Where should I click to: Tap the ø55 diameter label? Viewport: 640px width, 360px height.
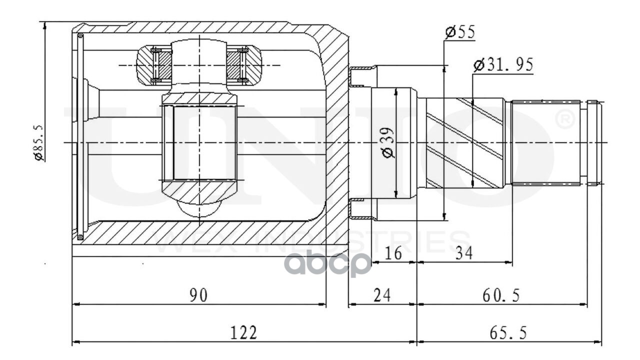click(459, 32)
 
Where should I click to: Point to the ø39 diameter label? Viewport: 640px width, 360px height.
click(388, 142)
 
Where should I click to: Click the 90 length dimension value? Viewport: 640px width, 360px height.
click(198, 295)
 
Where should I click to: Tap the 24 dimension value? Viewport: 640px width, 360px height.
click(382, 295)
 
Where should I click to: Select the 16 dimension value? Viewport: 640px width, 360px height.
click(394, 253)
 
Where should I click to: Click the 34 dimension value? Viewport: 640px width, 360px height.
click(463, 253)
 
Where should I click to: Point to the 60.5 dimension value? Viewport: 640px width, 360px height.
click(501, 295)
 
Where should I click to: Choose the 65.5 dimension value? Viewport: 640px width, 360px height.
click(508, 332)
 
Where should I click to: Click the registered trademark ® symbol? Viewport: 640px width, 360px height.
click(565, 120)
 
